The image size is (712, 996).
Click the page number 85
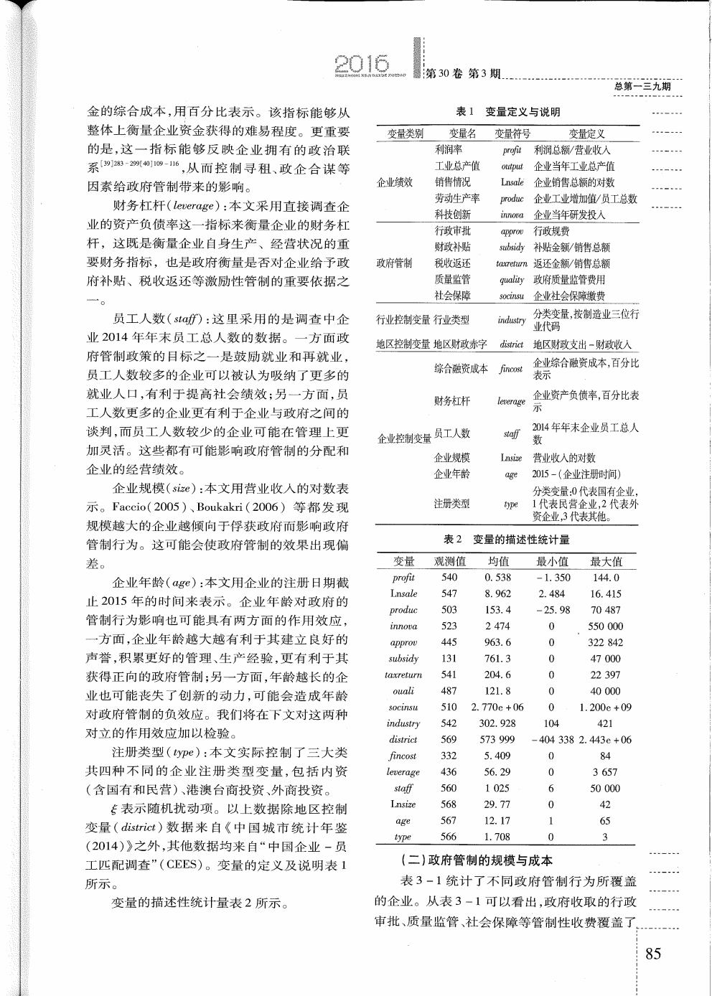(x=653, y=954)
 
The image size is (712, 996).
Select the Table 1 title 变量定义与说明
(x=522, y=112)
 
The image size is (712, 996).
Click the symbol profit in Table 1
(x=512, y=150)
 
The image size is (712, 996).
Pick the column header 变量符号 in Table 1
(x=512, y=133)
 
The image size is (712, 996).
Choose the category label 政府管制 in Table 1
(x=394, y=263)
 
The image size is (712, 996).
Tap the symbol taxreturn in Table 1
(x=511, y=263)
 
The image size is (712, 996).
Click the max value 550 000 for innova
(x=605, y=626)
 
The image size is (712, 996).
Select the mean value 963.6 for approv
(x=498, y=642)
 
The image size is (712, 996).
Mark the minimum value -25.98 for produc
(x=551, y=610)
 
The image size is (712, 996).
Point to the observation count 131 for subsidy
(x=449, y=659)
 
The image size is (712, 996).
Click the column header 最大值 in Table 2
(x=606, y=561)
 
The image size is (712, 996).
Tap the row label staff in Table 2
(x=403, y=788)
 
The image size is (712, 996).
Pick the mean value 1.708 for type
(x=498, y=837)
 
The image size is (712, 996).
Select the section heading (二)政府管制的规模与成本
(x=476, y=860)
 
